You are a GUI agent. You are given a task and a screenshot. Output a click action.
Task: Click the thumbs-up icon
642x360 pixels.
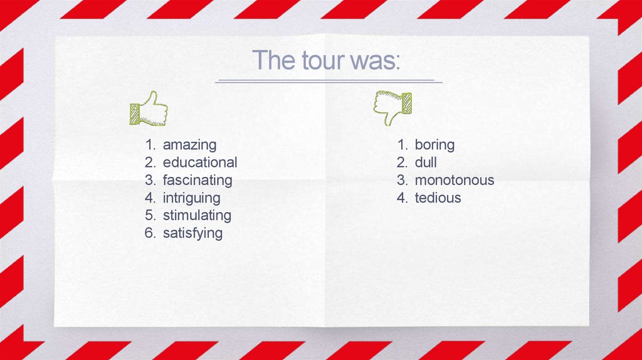[x=148, y=109]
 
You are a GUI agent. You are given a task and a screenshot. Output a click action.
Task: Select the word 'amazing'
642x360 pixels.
[x=189, y=145]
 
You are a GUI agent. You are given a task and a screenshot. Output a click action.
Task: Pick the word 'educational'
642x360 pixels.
[x=200, y=162]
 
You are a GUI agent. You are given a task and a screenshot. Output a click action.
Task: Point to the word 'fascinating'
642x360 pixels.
[x=197, y=180]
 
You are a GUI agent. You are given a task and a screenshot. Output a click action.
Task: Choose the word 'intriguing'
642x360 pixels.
[x=191, y=198]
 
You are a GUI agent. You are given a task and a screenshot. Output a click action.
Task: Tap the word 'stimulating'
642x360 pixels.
[x=197, y=215]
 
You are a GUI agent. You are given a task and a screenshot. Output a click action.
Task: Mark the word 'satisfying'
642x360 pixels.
[x=192, y=233]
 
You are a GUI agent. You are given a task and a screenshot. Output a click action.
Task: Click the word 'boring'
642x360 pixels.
[x=434, y=145]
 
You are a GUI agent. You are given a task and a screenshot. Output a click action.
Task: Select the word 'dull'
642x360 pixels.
[x=426, y=162]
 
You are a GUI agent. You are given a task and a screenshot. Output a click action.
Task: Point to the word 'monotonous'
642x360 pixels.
[x=455, y=180]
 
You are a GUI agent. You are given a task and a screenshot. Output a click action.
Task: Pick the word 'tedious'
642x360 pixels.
[x=438, y=198]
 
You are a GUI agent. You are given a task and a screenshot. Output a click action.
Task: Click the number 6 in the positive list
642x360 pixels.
[x=149, y=233]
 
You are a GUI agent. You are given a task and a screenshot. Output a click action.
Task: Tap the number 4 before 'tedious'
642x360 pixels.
[x=401, y=198]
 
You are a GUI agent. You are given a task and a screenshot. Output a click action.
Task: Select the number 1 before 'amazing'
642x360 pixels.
[x=149, y=145]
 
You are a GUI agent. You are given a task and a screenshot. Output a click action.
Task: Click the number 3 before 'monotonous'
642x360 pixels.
[x=401, y=180]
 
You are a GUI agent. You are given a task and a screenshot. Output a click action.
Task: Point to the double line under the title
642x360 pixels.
[x=329, y=82]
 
